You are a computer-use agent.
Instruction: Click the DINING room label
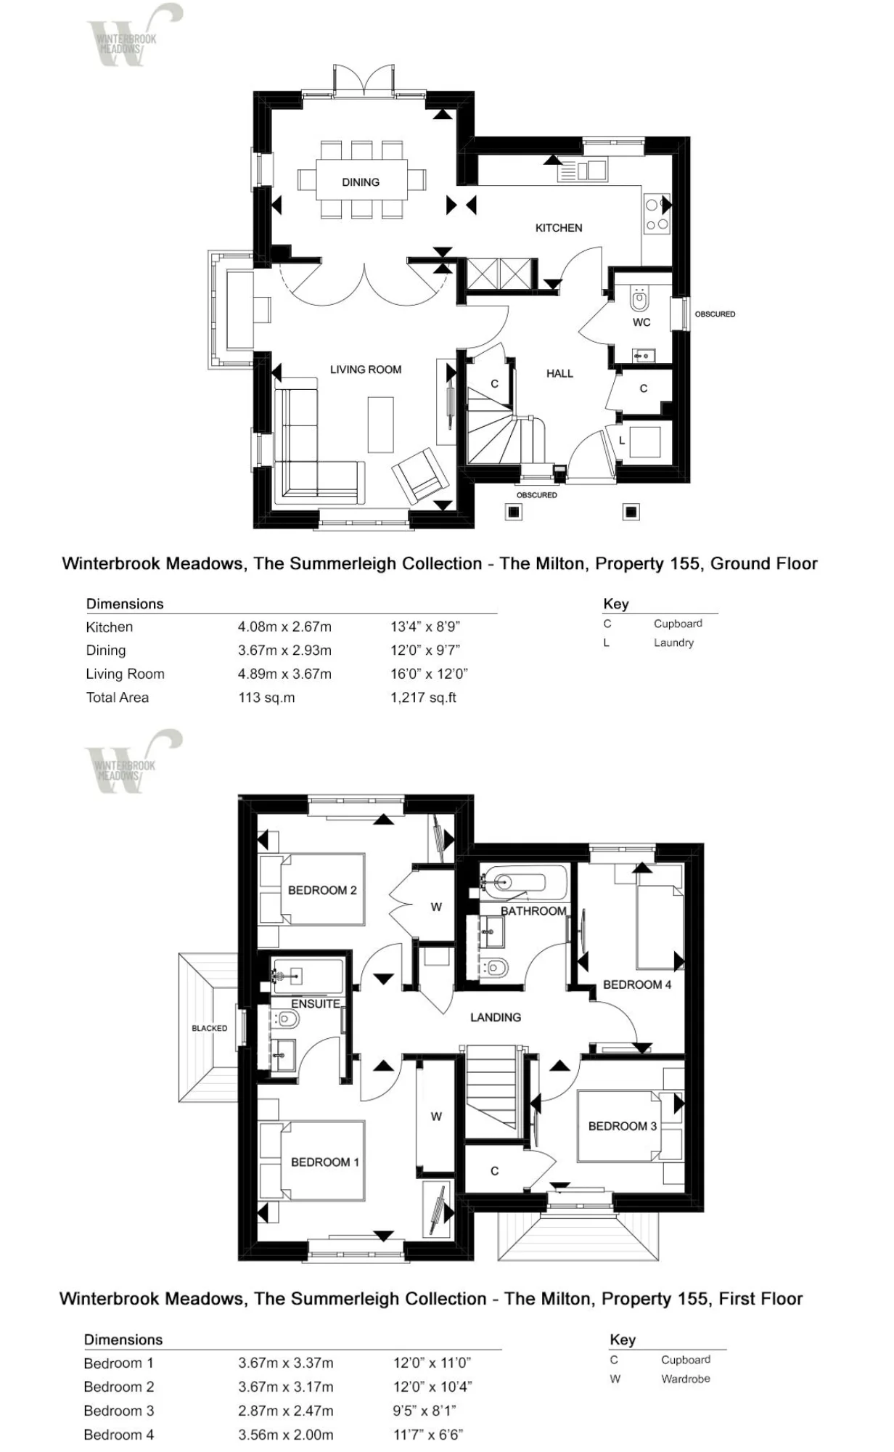click(x=361, y=182)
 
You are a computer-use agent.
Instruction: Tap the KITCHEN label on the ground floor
click(x=559, y=228)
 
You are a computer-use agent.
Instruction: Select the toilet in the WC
click(x=639, y=298)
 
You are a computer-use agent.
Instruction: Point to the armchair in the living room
click(x=419, y=476)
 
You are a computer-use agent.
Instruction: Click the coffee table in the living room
click(x=380, y=425)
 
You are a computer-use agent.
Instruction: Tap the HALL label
click(x=559, y=374)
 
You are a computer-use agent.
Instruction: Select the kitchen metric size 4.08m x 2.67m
click(x=284, y=627)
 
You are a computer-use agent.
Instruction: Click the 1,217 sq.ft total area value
click(x=424, y=698)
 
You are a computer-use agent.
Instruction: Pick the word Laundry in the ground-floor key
click(x=673, y=643)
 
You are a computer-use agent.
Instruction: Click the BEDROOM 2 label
click(x=322, y=890)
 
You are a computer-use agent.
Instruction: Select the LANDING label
click(x=496, y=1017)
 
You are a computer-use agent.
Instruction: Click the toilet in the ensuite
click(x=286, y=1020)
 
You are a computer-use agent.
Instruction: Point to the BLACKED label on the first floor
click(x=210, y=1028)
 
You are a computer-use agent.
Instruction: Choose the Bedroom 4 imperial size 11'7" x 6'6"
click(x=428, y=1435)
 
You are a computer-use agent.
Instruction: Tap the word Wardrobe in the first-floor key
click(x=686, y=1379)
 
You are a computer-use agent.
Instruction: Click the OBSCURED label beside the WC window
click(x=715, y=314)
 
